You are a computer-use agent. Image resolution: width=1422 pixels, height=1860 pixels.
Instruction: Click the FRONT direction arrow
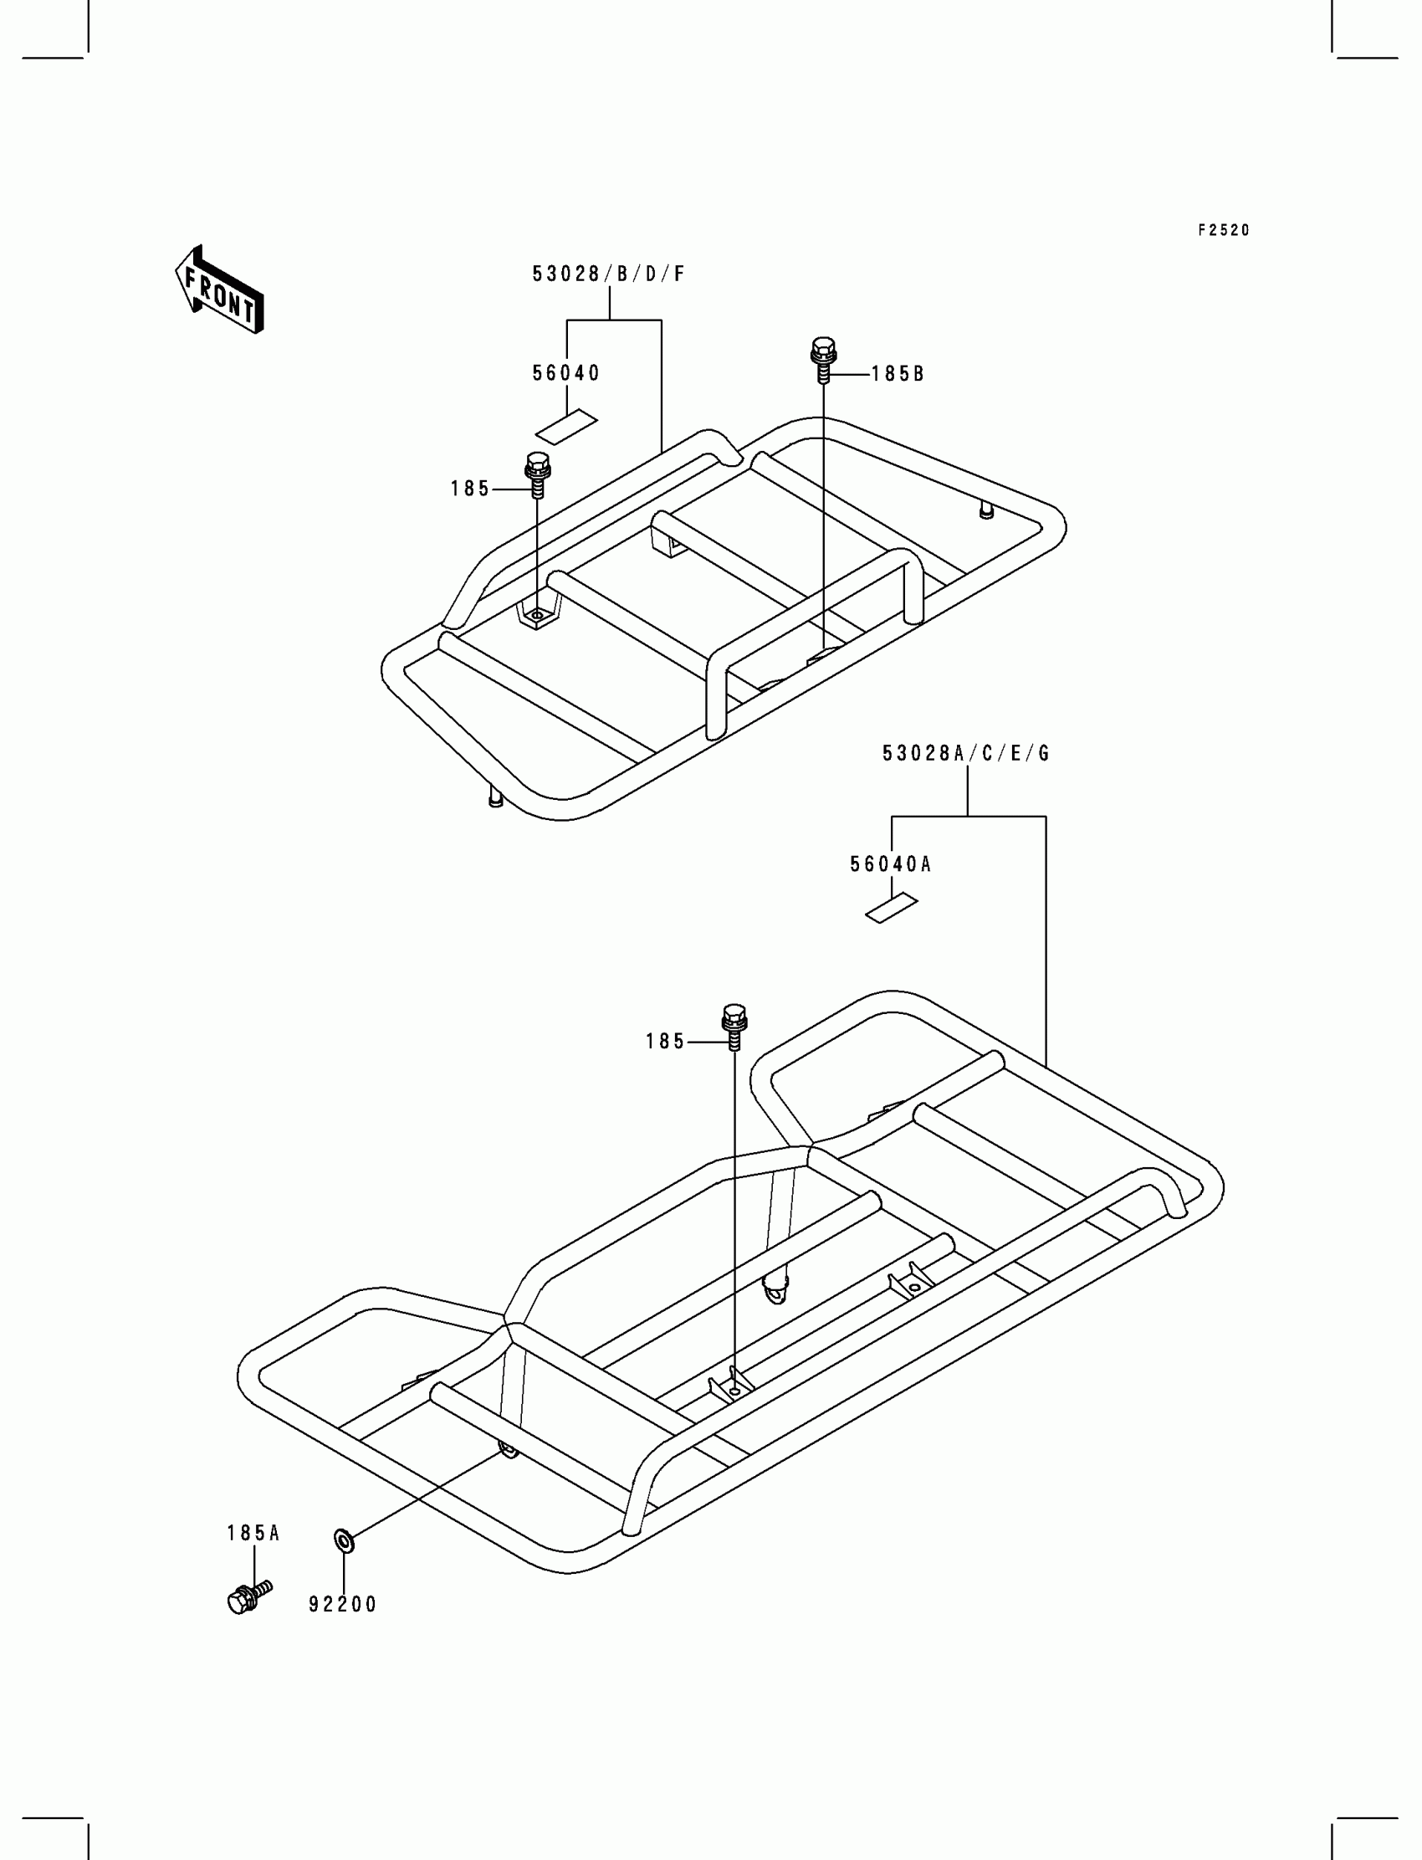pyautogui.click(x=219, y=290)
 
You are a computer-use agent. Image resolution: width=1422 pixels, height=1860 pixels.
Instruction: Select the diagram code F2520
pyautogui.click(x=1223, y=230)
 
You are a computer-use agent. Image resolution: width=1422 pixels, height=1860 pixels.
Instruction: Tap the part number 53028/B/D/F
pyautogui.click(x=608, y=274)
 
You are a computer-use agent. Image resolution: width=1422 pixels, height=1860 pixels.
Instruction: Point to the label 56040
pyautogui.click(x=565, y=373)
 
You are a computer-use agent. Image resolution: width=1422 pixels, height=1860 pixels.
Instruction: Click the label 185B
pyautogui.click(x=898, y=374)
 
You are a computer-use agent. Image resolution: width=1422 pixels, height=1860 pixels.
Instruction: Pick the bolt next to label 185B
pyautogui.click(x=823, y=359)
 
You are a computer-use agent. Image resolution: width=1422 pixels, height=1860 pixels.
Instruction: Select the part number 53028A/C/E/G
pyautogui.click(x=966, y=754)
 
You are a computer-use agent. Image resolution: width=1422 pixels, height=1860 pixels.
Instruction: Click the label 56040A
pyautogui.click(x=891, y=864)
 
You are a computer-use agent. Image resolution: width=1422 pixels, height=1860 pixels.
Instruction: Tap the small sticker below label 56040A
pyautogui.click(x=892, y=910)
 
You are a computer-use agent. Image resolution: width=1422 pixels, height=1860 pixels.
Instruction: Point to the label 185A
pyautogui.click(x=253, y=1533)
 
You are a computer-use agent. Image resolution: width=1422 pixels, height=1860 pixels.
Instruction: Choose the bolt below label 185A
pyautogui.click(x=248, y=1596)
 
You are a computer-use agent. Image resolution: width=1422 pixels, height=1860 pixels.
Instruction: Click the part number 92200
pyautogui.click(x=342, y=1604)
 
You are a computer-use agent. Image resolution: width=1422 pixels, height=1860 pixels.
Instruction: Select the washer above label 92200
pyautogui.click(x=345, y=1541)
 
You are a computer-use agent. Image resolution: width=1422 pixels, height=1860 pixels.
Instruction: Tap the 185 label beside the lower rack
pyautogui.click(x=665, y=1043)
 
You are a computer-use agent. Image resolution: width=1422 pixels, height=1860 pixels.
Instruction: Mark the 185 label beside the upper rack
pyautogui.click(x=470, y=489)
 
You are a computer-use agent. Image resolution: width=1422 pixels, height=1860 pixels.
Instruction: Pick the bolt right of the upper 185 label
pyautogui.click(x=538, y=474)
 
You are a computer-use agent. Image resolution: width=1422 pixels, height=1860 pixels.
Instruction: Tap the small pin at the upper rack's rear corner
pyautogui.click(x=985, y=510)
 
